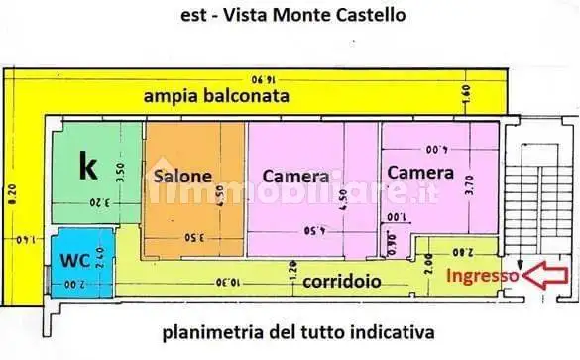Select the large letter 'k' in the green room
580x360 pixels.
88,168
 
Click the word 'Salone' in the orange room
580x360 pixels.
182,177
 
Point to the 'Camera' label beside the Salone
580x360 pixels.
295,177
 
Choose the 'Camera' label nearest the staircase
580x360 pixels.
420,172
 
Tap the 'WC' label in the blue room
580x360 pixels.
74,262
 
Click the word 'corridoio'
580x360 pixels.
341,281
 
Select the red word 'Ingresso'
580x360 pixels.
483,276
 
